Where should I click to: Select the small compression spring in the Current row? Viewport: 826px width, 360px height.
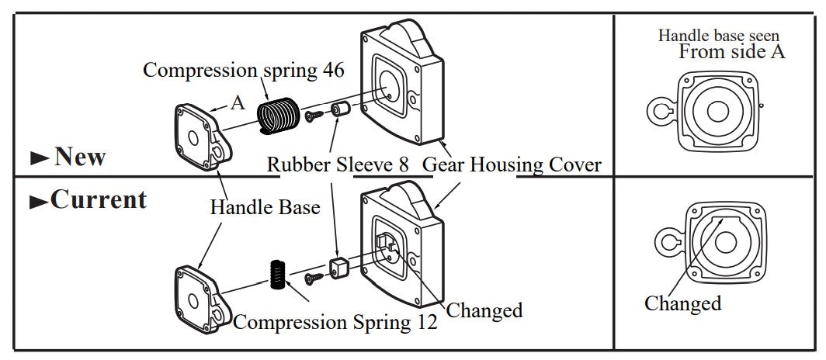click(x=278, y=275)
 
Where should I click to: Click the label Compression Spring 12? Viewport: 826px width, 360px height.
click(x=335, y=321)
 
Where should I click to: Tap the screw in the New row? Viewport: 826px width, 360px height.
click(x=314, y=116)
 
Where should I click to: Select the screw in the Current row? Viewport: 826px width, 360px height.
click(x=314, y=275)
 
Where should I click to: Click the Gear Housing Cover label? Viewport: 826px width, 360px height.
click(x=512, y=164)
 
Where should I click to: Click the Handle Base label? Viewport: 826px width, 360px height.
click(x=265, y=207)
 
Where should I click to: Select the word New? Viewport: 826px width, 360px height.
click(x=80, y=157)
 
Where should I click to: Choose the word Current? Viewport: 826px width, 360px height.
click(x=99, y=199)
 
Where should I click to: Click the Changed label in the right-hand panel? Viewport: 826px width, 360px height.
click(x=682, y=303)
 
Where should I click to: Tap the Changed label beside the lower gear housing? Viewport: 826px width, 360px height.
click(x=484, y=310)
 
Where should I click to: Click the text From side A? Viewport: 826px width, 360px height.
click(x=732, y=52)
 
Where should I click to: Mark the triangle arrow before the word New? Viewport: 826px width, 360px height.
click(x=40, y=159)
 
